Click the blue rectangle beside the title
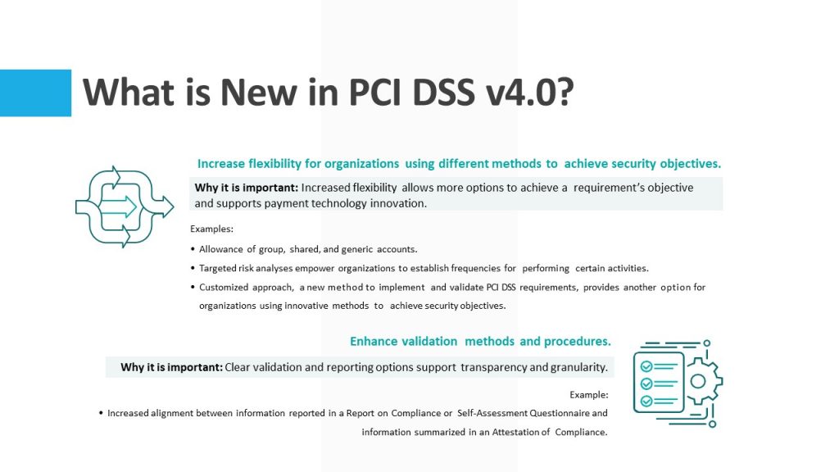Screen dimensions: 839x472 [35, 93]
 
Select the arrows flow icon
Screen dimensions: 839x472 [125, 206]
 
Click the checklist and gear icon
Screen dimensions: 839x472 [678, 383]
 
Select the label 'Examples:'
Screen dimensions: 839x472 [212, 229]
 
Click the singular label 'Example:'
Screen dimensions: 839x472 [588, 395]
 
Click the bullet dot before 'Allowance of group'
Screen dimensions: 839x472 [193, 249]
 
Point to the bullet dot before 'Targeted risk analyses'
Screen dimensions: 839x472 [193, 268]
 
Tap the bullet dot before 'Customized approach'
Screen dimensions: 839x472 [193, 288]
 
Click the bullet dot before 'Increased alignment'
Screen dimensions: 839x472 [101, 413]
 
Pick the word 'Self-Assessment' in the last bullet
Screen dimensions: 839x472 [492, 413]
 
